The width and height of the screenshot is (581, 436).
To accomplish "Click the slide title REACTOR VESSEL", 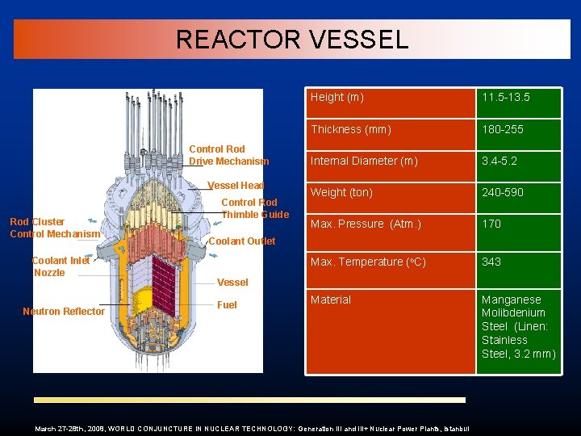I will click(x=292, y=40).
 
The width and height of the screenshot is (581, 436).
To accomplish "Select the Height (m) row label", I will click(x=337, y=98).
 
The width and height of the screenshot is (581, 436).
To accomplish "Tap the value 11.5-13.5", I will click(x=506, y=98).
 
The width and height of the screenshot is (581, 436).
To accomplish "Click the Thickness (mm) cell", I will click(x=351, y=129).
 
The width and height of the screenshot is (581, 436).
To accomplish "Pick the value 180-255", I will click(x=502, y=129).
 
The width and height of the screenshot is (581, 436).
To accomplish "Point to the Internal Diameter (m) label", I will click(x=364, y=161).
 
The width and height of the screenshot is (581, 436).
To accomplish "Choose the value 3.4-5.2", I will click(x=499, y=161).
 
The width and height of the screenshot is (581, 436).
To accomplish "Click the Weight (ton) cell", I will click(x=342, y=192).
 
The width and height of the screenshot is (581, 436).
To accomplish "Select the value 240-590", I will click(x=502, y=192).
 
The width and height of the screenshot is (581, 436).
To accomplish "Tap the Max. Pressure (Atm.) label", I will click(x=366, y=224).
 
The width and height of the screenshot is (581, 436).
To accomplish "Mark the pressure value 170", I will click(x=491, y=224).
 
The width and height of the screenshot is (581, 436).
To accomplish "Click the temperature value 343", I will click(x=491, y=262).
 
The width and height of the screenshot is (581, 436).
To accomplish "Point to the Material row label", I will click(x=331, y=300).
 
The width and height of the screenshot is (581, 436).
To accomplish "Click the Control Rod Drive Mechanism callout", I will click(x=228, y=155).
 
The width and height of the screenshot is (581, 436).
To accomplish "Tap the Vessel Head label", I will click(x=236, y=186).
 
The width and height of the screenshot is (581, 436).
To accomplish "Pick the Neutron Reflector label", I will click(x=64, y=312).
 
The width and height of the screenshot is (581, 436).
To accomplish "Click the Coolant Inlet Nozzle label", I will click(x=60, y=266).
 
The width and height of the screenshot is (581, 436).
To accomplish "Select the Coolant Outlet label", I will click(x=241, y=241).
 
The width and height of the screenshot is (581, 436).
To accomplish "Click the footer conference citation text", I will click(x=252, y=428).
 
